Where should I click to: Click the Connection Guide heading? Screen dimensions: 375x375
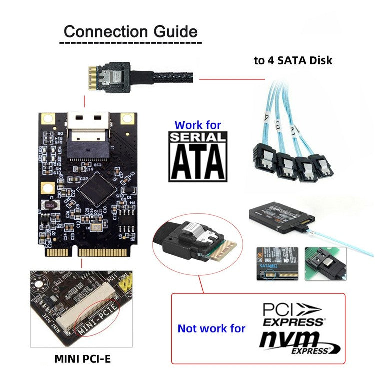point(130,32)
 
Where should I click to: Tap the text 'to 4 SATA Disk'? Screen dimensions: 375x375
point(293,61)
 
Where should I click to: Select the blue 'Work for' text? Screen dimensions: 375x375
point(198,125)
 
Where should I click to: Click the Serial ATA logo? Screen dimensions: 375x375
point(198,156)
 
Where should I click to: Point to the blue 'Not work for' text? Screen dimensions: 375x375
point(212,328)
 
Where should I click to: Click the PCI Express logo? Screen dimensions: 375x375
point(293,313)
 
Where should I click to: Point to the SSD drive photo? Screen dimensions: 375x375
point(281,215)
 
